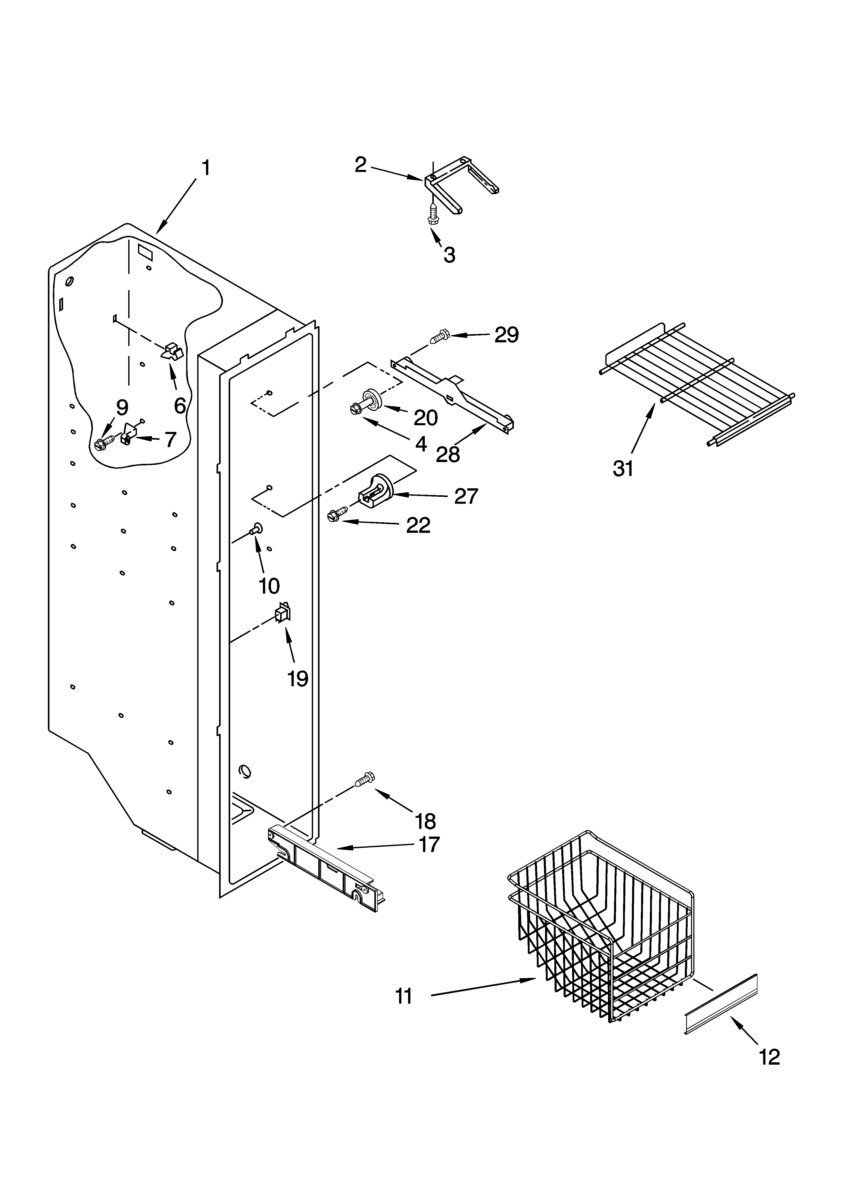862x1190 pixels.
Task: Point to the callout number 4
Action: click(x=420, y=444)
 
